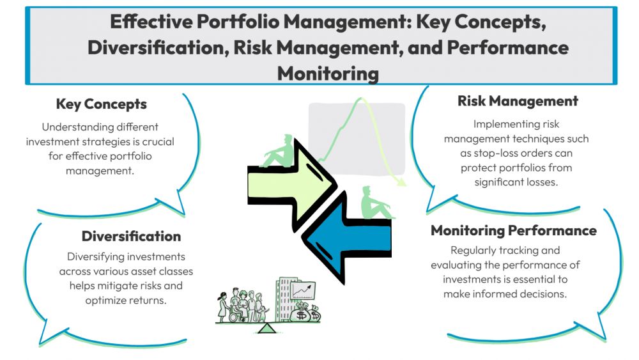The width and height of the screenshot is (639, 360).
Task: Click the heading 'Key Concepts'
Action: pyautogui.click(x=101, y=104)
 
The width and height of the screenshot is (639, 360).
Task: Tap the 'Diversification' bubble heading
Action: pyautogui.click(x=131, y=236)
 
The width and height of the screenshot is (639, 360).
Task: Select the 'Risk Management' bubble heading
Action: pyautogui.click(x=518, y=101)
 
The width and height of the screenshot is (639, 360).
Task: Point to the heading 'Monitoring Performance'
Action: pyautogui.click(x=513, y=230)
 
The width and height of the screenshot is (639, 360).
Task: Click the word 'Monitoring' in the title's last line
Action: pyautogui.click(x=328, y=73)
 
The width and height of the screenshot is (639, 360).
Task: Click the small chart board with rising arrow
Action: pyautogui.click(x=304, y=291)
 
